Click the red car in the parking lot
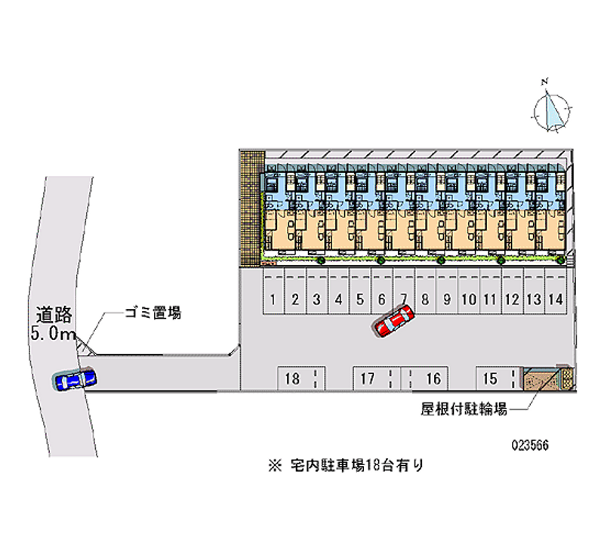(393, 320)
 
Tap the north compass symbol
(553, 110)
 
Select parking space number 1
(273, 299)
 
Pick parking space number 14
(556, 299)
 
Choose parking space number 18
(293, 379)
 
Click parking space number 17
(368, 379)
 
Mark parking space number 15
(490, 379)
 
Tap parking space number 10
(468, 299)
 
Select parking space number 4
(339, 299)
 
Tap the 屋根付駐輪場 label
(463, 410)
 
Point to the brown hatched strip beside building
(251, 208)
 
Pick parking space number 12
(512, 299)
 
